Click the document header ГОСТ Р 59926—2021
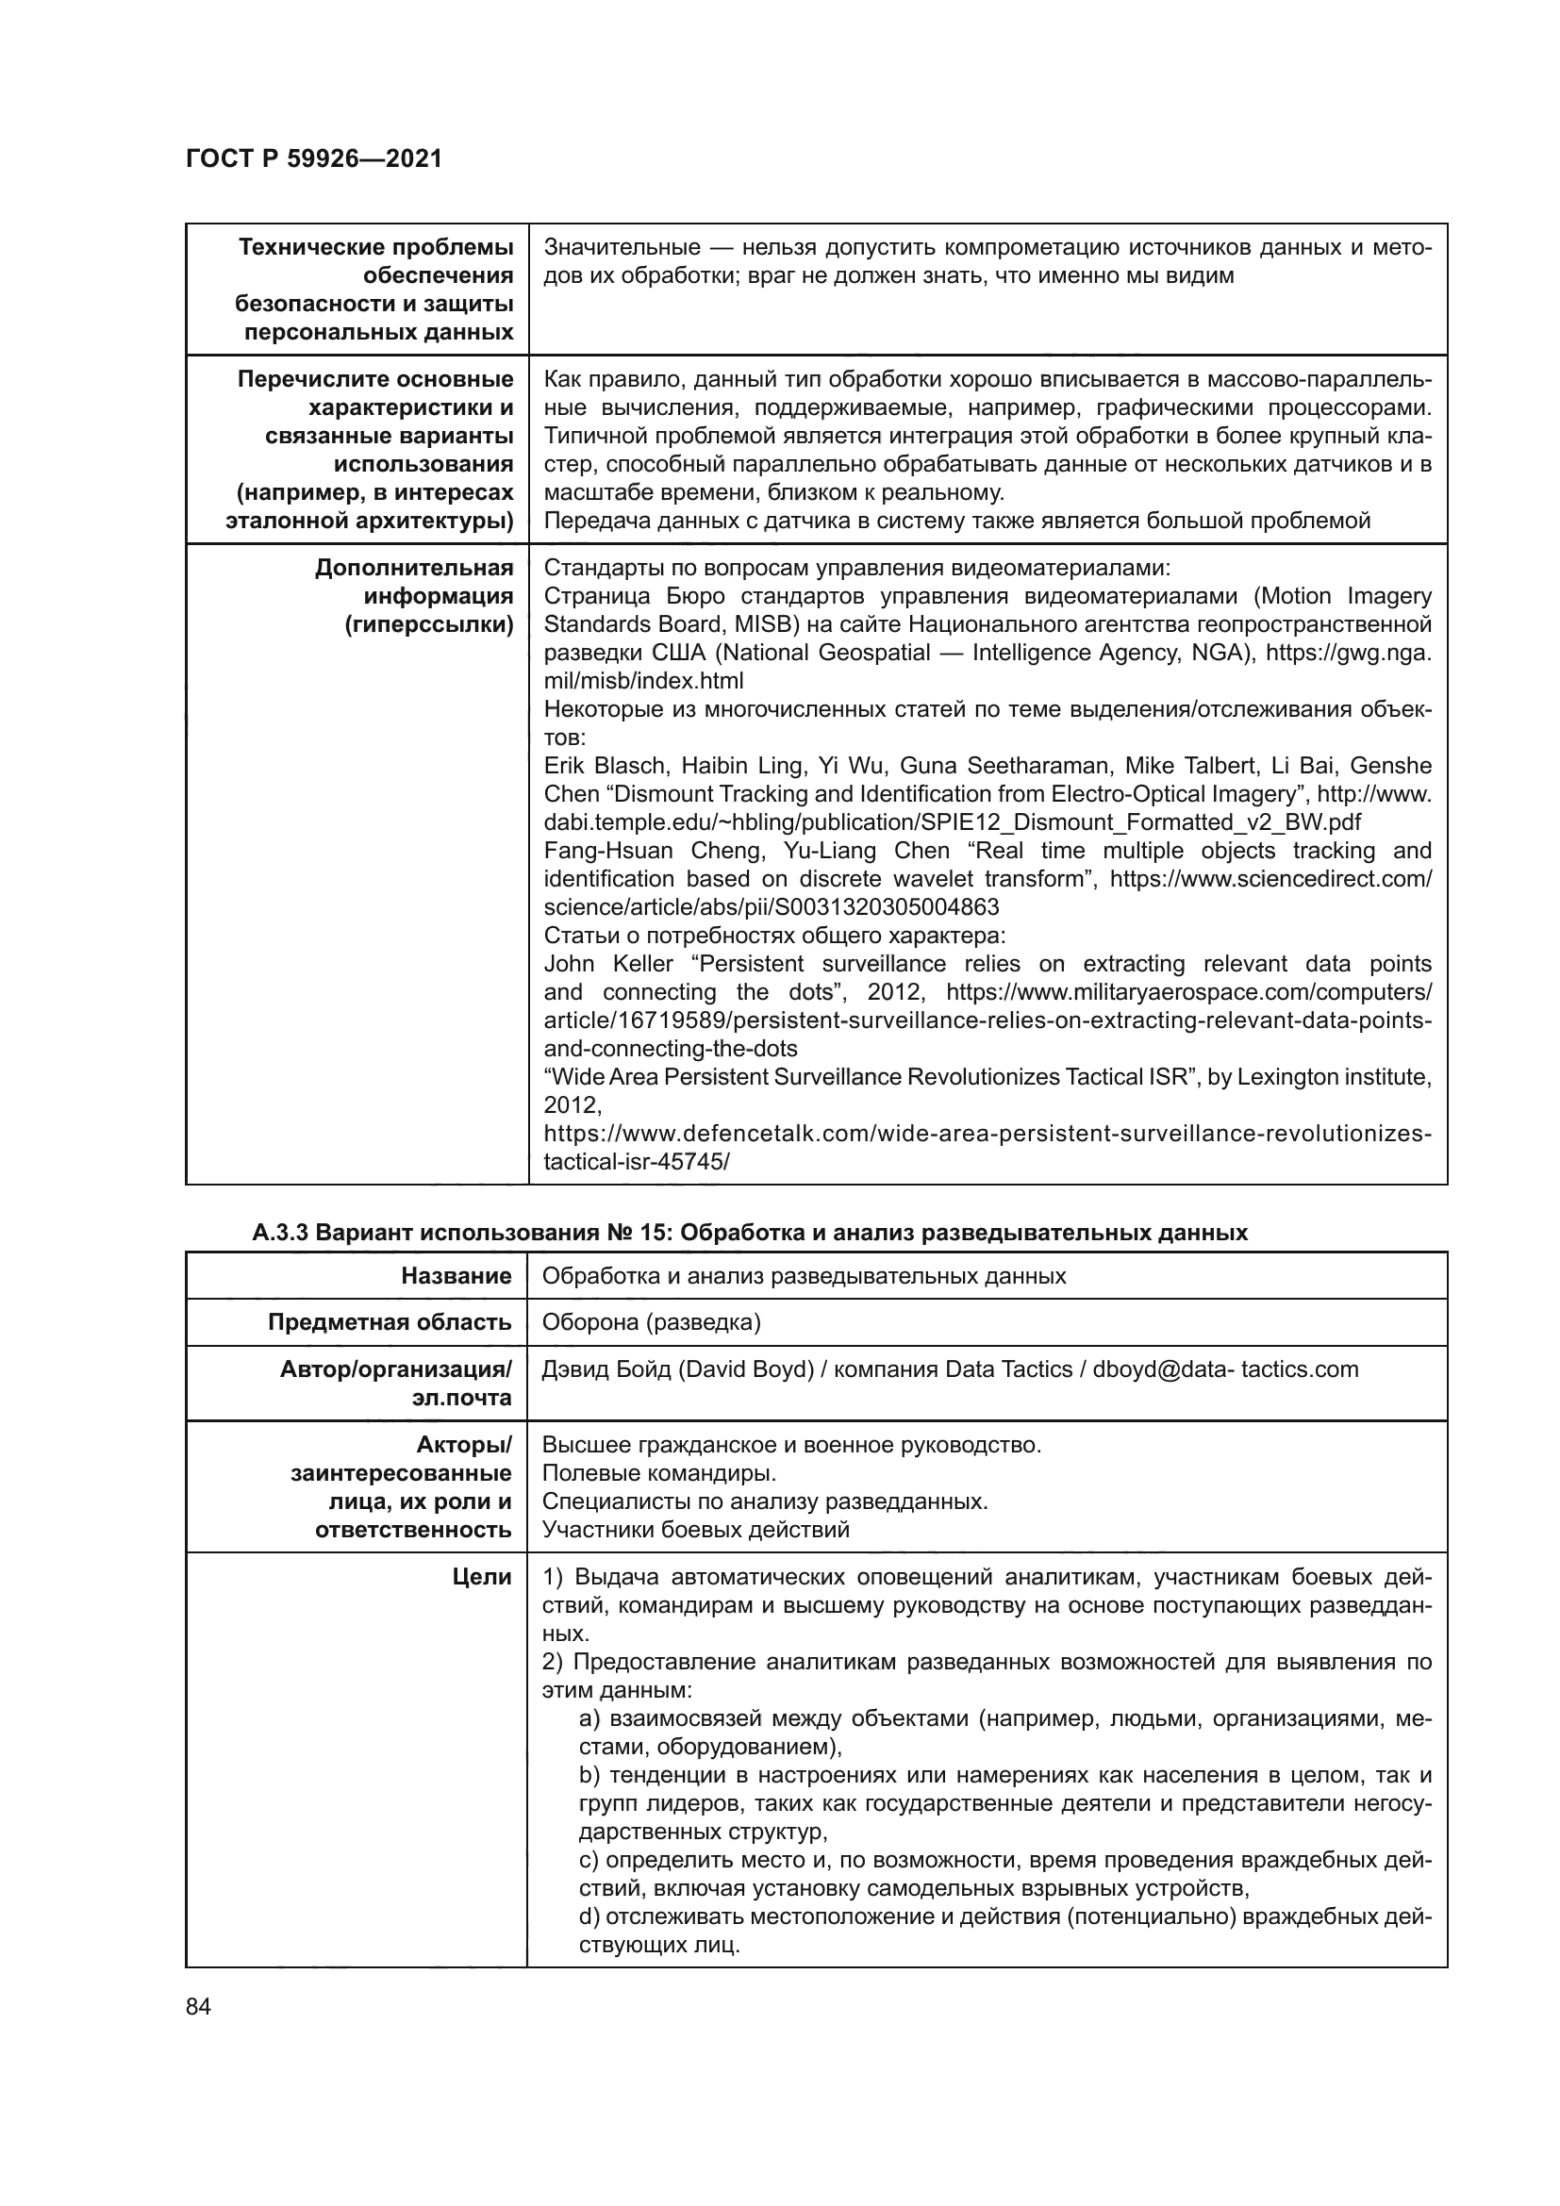[x=313, y=158]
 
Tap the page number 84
[x=198, y=2007]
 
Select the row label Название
[x=456, y=1276]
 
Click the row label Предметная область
[x=389, y=1322]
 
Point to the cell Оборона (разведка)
[x=652, y=1322]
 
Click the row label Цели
[x=481, y=1577]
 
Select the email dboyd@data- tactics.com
[x=1225, y=1369]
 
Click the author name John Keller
[x=608, y=964]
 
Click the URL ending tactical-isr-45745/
[x=636, y=1162]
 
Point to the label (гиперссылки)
[x=428, y=624]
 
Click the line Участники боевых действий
[x=695, y=1530]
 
